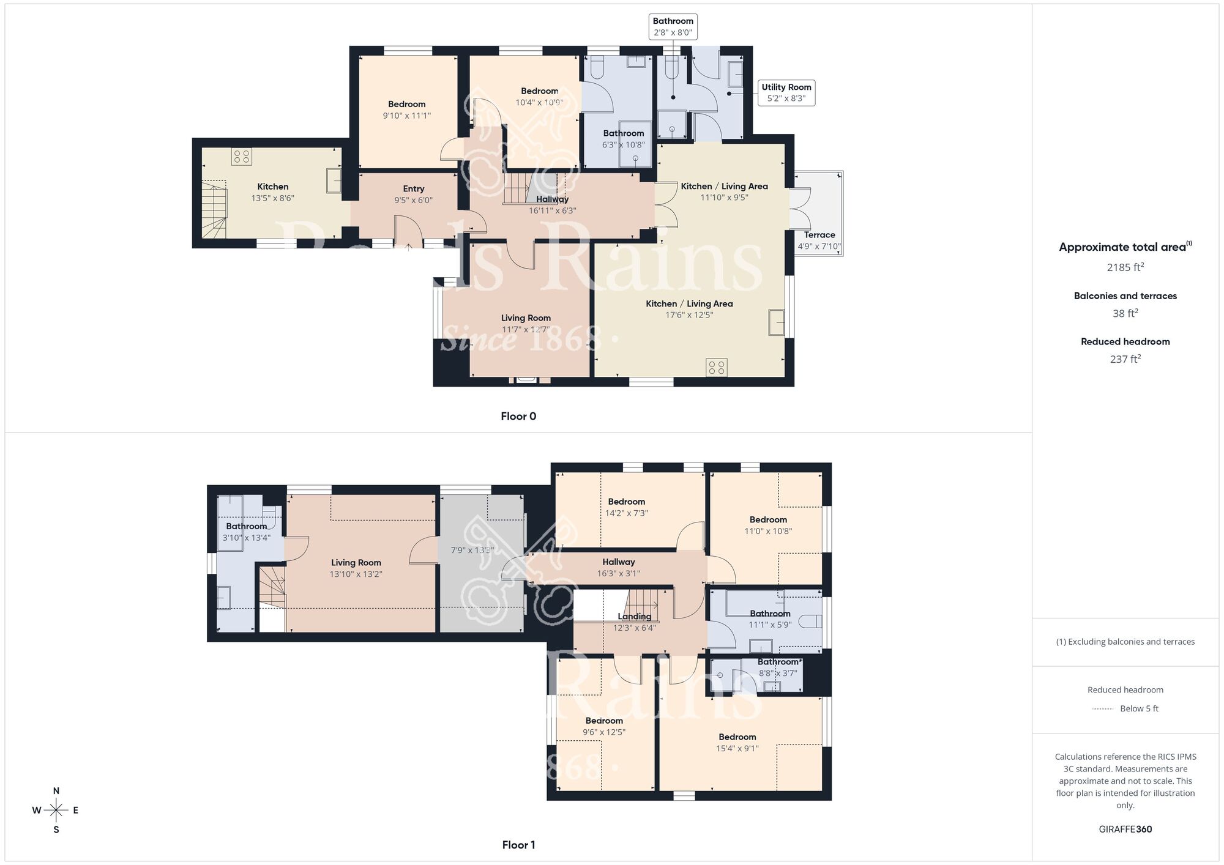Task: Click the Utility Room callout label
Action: pos(786,92)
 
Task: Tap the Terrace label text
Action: pos(819,235)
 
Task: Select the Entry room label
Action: pos(413,189)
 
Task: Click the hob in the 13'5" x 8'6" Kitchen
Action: pos(241,157)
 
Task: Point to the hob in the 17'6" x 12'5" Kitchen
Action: pos(716,368)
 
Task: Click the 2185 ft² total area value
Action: pos(1125,267)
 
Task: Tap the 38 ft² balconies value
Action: pos(1125,313)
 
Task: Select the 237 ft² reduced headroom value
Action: pos(1125,359)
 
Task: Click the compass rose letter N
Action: pos(56,791)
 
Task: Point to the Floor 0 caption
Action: pos(518,417)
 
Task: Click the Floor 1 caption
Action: pos(518,845)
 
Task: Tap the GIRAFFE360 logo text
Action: pos(1125,830)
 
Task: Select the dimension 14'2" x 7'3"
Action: pos(626,513)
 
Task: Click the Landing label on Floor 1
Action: pos(634,617)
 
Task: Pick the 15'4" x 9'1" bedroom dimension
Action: pos(737,748)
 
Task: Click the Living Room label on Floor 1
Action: pos(356,563)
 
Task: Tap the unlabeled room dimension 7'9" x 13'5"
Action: pos(472,551)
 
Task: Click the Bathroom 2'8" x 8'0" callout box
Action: pos(673,27)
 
